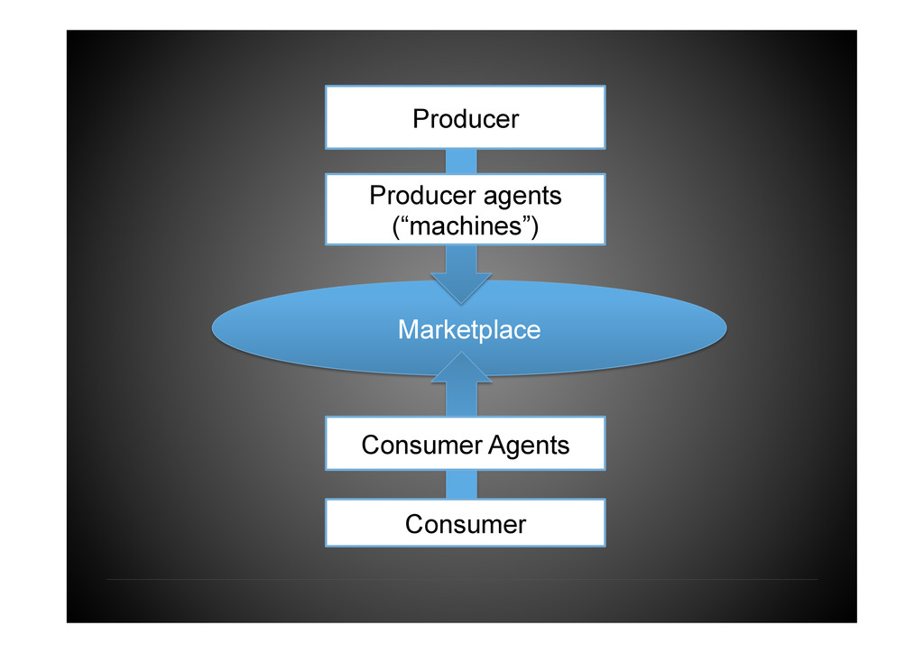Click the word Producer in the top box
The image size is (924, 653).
(466, 118)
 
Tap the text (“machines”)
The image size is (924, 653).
(466, 225)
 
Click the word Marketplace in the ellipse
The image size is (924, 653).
(469, 330)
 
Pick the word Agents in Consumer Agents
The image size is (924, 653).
(529, 445)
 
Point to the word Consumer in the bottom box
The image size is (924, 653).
(466, 524)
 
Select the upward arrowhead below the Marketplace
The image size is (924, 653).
(462, 366)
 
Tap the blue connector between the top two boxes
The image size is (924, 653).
(461, 161)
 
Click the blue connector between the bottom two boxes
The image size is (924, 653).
(461, 484)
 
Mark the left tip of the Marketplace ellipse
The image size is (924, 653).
(215, 328)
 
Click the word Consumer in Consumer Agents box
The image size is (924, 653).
(422, 445)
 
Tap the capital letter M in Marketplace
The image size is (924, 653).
(408, 330)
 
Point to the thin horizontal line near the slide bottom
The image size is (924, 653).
(461, 579)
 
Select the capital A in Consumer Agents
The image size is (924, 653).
(496, 445)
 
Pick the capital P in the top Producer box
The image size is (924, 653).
(420, 118)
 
